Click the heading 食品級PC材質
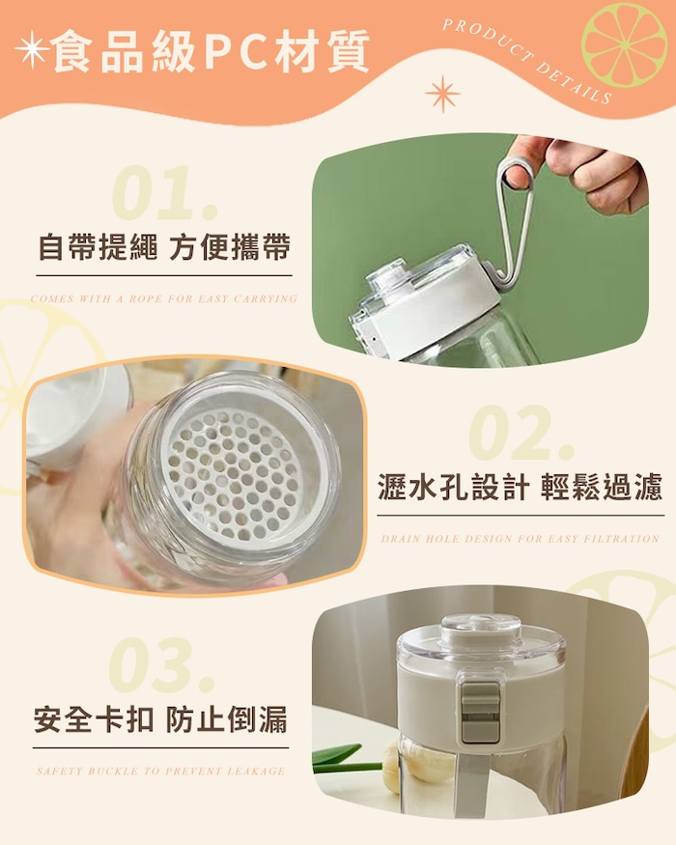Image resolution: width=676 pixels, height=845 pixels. (211, 50)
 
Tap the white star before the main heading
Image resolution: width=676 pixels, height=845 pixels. (32, 49)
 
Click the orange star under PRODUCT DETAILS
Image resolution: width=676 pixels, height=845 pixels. (442, 94)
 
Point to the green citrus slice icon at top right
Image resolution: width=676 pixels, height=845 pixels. (624, 43)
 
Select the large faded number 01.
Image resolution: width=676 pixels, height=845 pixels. (164, 194)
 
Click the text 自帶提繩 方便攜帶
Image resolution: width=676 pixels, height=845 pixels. (164, 247)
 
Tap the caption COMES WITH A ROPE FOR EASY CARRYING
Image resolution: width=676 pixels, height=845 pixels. (164, 298)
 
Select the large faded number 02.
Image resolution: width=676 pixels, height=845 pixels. (521, 434)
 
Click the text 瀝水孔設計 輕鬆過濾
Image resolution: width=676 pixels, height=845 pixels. (521, 486)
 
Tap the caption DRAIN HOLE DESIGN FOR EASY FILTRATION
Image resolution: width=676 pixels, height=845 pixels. (521, 539)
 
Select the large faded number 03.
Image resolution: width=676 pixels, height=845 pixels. (161, 664)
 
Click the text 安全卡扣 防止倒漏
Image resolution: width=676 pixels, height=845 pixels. (160, 718)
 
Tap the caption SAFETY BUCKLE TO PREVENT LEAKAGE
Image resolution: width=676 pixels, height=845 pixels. (160, 772)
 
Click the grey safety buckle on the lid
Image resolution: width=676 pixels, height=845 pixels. (480, 713)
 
